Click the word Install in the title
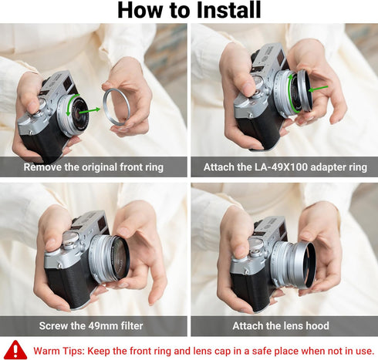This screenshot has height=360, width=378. (x=224, y=10)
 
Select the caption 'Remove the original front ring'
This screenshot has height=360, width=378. (x=94, y=167)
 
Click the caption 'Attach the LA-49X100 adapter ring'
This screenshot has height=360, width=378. (x=285, y=167)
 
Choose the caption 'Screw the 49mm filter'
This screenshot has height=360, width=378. (x=94, y=325)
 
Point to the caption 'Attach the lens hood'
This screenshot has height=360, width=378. (x=285, y=325)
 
